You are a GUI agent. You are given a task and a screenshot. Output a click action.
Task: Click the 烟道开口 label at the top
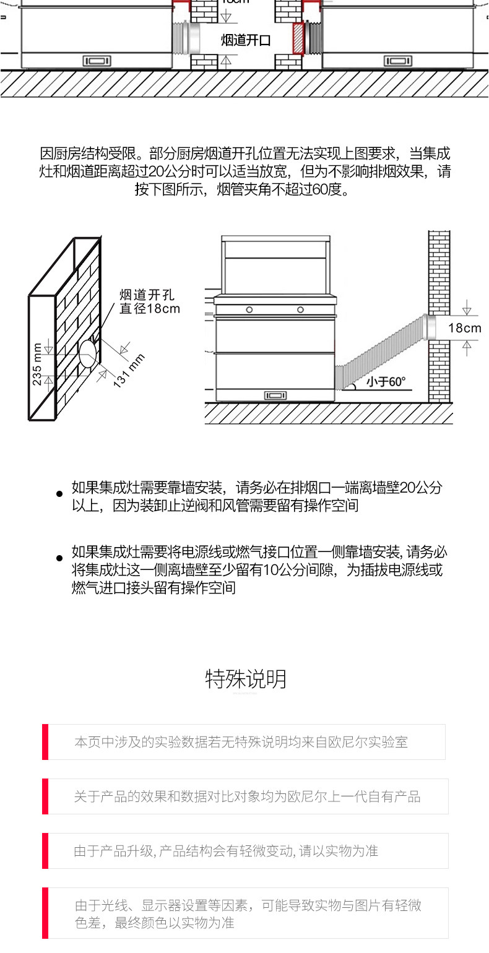(x=246, y=40)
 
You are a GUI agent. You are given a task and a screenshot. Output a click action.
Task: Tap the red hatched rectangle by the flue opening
(x=298, y=38)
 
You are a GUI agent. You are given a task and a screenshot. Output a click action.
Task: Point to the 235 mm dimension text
(x=37, y=364)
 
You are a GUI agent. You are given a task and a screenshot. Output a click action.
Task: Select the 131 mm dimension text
(x=129, y=371)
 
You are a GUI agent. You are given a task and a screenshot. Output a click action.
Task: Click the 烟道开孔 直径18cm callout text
(x=149, y=301)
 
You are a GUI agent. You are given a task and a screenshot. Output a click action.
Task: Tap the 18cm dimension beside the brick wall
(x=465, y=328)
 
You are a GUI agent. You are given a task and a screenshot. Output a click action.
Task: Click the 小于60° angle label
(x=386, y=382)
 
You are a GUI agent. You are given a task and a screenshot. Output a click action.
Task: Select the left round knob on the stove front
(x=249, y=310)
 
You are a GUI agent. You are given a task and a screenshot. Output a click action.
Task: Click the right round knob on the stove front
(x=300, y=309)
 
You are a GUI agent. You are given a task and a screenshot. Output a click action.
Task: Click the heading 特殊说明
(x=246, y=679)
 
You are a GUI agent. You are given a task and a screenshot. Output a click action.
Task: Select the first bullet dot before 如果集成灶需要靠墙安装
(x=59, y=494)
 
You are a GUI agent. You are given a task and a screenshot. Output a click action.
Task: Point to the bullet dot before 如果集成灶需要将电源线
(x=59, y=558)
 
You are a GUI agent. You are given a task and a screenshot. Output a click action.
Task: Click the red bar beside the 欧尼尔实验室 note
(x=45, y=741)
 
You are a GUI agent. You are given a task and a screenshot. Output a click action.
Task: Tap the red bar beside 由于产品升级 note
(x=45, y=850)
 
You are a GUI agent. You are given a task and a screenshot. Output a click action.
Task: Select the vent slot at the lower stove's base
(x=275, y=395)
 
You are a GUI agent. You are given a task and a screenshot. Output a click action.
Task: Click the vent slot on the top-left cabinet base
(x=97, y=61)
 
